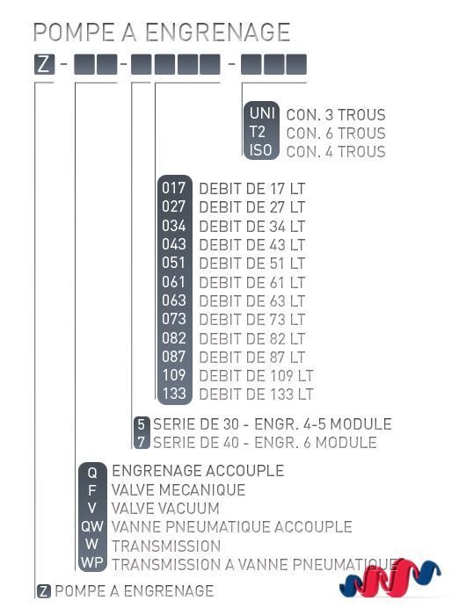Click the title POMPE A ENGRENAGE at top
(162, 33)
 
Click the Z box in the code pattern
(44, 64)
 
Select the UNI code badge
(261, 113)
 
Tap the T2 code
(257, 132)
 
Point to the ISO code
(260, 150)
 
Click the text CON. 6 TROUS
(336, 134)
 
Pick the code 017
(173, 188)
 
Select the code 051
(173, 263)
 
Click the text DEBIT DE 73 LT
(251, 320)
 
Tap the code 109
(174, 375)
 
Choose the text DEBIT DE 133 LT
(256, 394)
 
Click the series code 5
(142, 424)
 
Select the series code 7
(142, 443)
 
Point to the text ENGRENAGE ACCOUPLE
(198, 471)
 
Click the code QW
(92, 526)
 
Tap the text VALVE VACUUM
(165, 509)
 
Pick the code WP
(92, 562)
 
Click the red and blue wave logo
(390, 578)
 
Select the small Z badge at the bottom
(44, 591)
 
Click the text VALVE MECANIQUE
(178, 490)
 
